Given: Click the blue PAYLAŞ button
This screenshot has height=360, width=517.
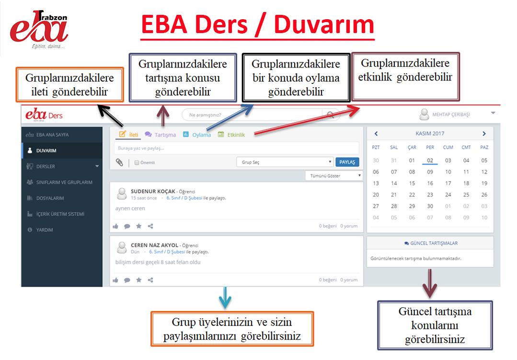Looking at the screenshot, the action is pos(347,162).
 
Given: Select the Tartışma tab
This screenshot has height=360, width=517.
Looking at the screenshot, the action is pos(161,135).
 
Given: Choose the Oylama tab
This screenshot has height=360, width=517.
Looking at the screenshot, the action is pos(197,135).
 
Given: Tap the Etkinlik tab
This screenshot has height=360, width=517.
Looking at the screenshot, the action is pos(231,135).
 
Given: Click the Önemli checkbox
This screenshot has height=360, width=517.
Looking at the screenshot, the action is pos(137,163).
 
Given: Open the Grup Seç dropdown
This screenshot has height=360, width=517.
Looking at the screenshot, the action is pos(285,162).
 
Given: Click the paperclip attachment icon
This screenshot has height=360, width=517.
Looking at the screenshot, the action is pos(119,162).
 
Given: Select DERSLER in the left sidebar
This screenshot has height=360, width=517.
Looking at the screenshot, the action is pos(46,166).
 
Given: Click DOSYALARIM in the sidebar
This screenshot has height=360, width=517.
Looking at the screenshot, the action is pos(50,198).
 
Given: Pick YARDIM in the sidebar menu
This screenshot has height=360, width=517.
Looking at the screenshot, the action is pos(44,230).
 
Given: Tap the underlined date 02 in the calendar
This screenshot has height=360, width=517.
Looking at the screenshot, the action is pos(430,161).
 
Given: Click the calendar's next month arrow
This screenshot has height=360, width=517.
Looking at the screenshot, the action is pos(484,134).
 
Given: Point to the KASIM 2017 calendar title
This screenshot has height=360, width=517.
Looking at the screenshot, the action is pos(430,133).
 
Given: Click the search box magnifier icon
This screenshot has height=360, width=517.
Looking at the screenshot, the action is pos(330,115).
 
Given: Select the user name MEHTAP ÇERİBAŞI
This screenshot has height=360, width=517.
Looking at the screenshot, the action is pos(451,115).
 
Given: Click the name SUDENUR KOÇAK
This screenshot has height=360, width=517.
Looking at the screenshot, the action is pos(153,191).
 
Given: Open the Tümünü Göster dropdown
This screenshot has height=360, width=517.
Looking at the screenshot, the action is pos(334,175).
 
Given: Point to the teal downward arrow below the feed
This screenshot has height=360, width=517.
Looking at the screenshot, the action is pos(225,298).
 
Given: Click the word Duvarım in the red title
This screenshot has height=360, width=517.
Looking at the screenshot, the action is pos(324,24).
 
